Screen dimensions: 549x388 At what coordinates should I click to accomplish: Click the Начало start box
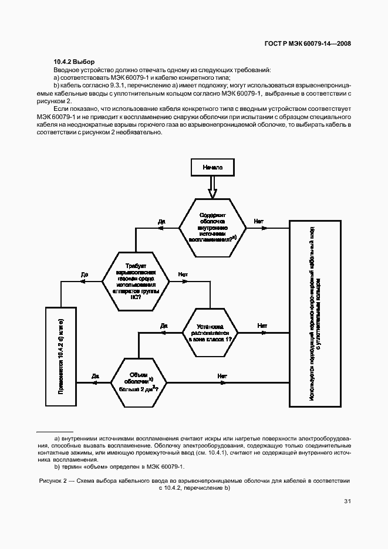point(212,167)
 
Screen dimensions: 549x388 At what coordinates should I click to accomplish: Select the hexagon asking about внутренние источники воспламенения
point(212,228)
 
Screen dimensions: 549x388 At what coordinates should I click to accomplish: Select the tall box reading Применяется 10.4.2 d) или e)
point(62,356)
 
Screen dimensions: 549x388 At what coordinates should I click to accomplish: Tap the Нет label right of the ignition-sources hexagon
point(258,221)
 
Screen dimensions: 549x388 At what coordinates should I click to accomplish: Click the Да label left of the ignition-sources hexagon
point(162,221)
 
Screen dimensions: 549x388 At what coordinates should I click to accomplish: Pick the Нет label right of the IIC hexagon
point(183,273)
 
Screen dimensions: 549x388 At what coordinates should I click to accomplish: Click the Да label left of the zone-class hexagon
point(164,326)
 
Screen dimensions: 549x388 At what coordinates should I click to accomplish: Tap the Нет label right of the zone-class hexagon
point(262,326)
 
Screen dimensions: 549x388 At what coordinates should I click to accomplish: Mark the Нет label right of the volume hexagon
point(222,375)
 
